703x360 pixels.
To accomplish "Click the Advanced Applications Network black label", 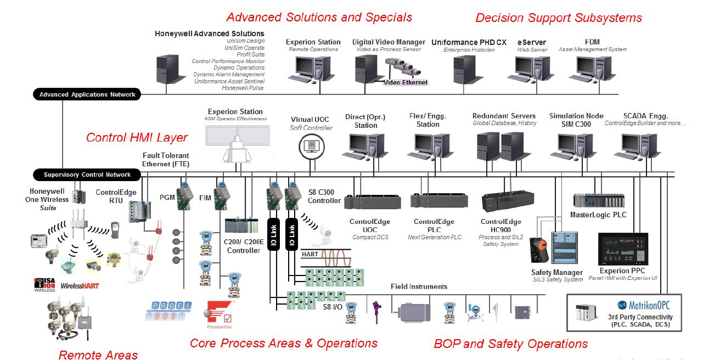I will (x=87, y=94).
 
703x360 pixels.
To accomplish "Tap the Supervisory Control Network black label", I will (x=87, y=175).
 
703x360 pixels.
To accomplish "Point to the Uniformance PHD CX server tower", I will (x=460, y=71).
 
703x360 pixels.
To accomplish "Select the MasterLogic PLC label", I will (x=598, y=215).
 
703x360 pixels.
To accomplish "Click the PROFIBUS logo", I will (x=168, y=311).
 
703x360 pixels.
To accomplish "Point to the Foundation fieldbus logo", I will (x=220, y=314).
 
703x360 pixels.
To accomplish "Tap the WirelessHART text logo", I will (x=80, y=286).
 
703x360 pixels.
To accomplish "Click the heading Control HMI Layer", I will (x=137, y=137).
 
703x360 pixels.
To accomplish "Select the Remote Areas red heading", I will (x=98, y=355).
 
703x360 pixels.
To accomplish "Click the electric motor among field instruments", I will (x=417, y=311).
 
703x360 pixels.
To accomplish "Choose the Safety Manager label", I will (x=556, y=272).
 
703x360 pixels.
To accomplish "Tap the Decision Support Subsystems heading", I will (x=558, y=18).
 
